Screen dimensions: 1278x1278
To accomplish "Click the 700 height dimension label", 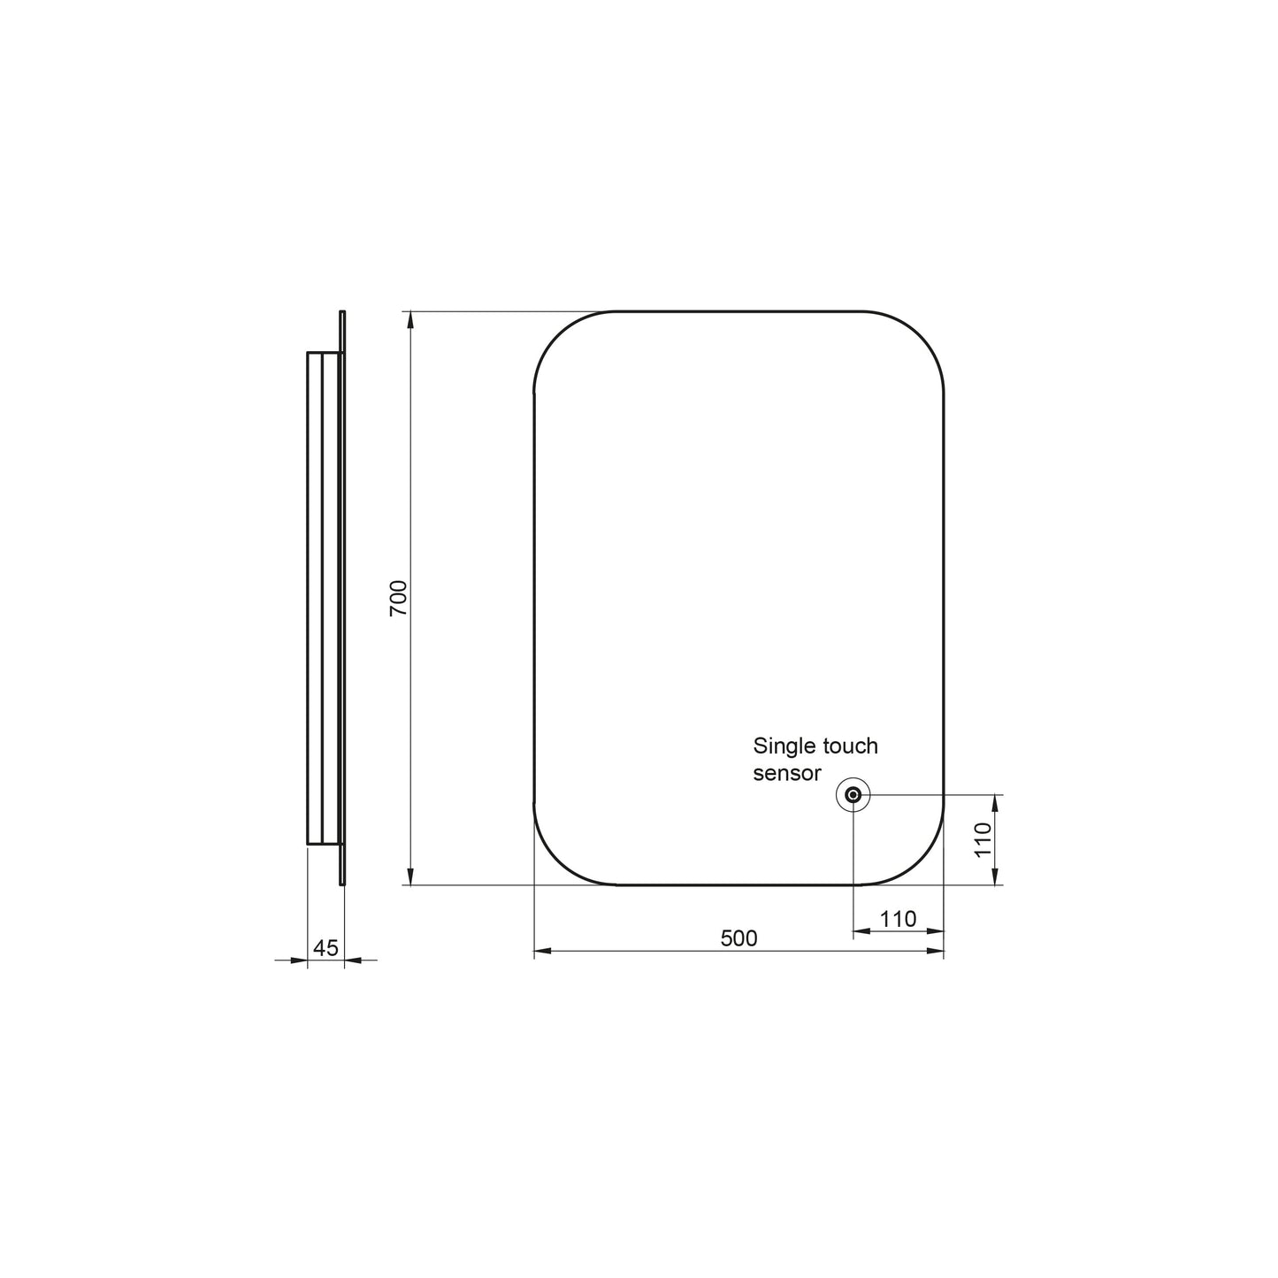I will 399,598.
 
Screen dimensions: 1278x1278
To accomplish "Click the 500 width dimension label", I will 738,938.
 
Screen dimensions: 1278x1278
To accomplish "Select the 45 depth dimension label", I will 325,947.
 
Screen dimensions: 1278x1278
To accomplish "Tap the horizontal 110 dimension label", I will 898,919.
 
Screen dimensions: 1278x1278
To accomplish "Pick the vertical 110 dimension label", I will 983,839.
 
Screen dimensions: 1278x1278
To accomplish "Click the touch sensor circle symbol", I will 853,795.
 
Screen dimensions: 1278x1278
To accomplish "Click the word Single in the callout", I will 784,746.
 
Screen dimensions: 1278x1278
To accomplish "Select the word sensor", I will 787,772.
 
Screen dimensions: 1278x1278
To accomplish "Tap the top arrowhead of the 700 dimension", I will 410,318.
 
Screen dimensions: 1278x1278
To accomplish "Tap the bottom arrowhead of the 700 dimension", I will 410,877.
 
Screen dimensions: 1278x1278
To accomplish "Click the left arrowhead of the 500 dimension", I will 542,952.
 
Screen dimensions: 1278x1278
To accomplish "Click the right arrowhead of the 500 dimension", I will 936,952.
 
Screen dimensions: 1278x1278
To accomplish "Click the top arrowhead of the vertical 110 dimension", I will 996,802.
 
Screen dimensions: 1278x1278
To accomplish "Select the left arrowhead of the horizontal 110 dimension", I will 861,930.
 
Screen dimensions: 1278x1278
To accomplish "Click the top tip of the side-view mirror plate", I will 342,312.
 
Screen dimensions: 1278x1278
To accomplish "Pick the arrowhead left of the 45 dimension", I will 300,960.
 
